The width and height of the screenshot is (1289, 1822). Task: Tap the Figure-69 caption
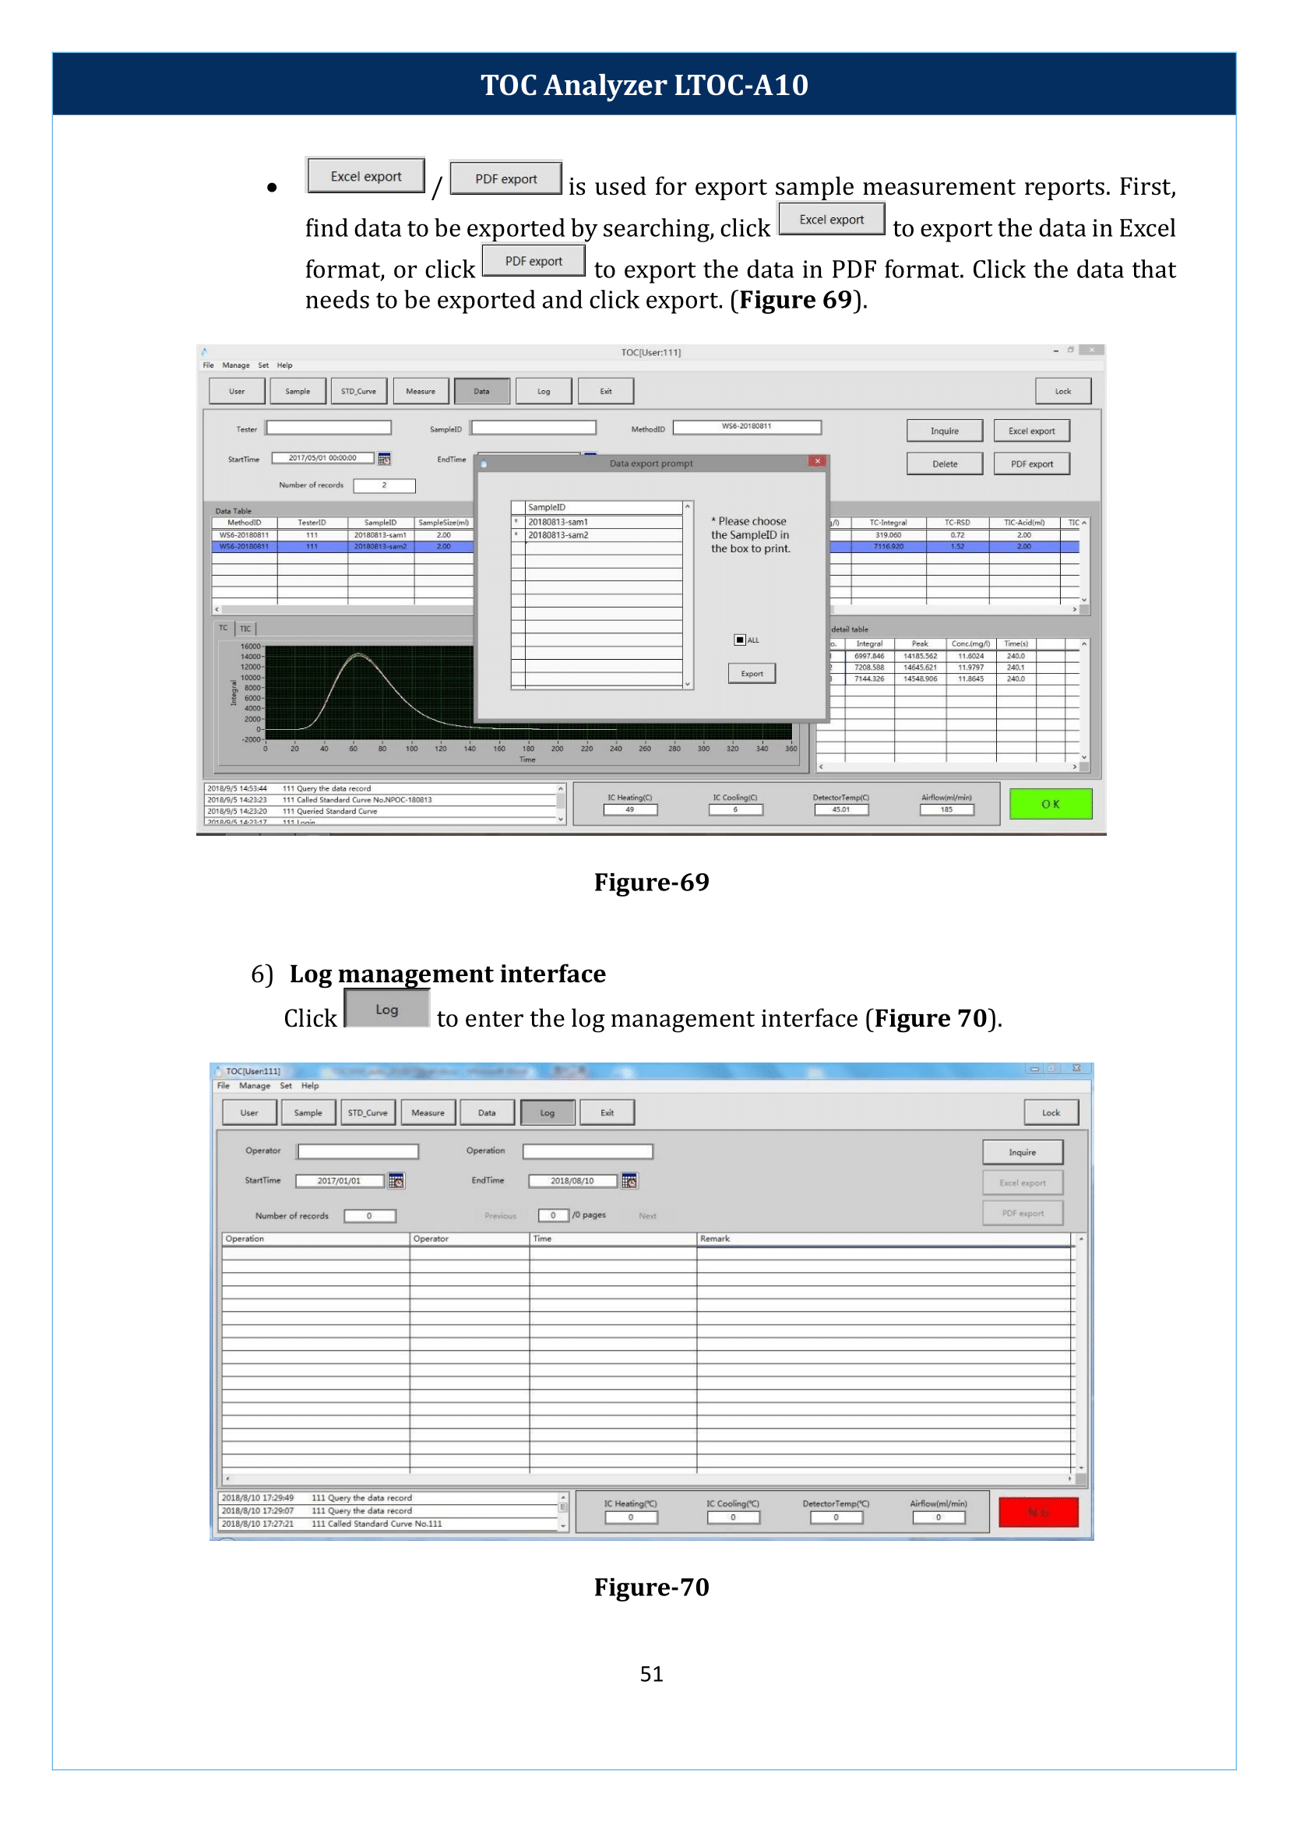651,882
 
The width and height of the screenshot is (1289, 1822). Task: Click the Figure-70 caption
651,1586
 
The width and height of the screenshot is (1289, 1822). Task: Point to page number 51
651,1673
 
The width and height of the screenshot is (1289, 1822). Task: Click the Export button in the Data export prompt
751,673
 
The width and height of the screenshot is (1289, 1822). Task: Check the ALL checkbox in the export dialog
740,640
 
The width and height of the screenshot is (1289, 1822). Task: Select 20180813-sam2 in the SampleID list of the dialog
558,535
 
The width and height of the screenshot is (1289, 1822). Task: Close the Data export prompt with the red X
817,461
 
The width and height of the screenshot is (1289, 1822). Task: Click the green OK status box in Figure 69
1049,803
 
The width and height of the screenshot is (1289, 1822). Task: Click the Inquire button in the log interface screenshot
1022,1152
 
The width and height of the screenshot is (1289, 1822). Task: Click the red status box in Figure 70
1037,1513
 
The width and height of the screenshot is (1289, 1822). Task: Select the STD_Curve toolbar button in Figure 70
368,1112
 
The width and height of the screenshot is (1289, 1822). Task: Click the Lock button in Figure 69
1062,391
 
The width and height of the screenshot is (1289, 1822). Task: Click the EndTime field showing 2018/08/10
572,1181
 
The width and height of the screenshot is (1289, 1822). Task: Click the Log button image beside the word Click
386,1009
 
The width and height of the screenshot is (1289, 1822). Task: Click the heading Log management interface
447,974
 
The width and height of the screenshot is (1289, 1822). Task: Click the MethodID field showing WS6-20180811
745,426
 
